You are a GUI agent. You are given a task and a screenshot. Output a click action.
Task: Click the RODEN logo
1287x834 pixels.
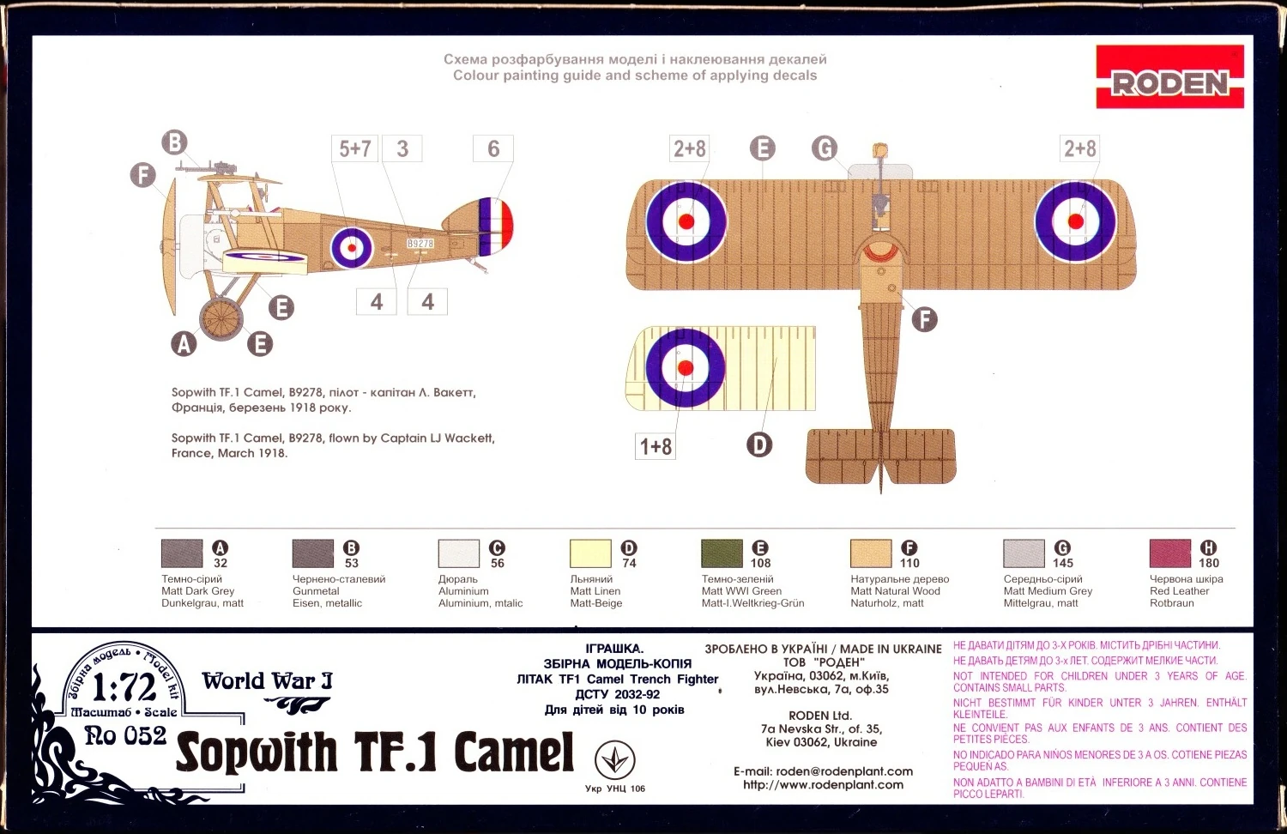click(x=1169, y=76)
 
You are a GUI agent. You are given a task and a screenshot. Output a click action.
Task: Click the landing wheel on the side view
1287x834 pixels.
click(x=221, y=319)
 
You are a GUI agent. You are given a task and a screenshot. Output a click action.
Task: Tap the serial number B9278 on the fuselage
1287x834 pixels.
click(x=420, y=244)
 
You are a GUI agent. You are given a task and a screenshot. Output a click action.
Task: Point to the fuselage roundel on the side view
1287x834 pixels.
click(x=352, y=248)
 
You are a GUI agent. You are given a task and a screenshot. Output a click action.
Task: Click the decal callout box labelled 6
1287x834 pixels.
click(x=493, y=148)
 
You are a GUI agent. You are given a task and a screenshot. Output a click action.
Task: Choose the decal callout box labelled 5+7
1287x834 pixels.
click(x=354, y=148)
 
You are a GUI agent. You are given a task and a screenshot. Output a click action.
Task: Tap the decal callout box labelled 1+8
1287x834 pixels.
click(x=655, y=446)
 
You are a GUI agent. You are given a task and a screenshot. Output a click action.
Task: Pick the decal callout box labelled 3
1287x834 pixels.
click(x=402, y=148)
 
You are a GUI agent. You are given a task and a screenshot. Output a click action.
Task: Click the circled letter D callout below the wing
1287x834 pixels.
click(x=759, y=444)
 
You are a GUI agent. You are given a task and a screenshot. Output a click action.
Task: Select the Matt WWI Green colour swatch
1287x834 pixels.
click(x=722, y=553)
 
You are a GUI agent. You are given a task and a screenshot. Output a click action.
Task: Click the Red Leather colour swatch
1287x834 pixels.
click(x=1169, y=553)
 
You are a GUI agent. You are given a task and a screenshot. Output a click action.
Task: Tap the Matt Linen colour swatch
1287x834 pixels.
click(x=590, y=553)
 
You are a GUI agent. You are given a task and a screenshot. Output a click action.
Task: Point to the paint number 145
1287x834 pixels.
click(x=1063, y=563)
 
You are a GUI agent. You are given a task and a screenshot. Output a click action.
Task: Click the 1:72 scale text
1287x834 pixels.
click(x=124, y=687)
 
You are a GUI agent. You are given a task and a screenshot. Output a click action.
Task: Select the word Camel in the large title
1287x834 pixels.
click(x=514, y=752)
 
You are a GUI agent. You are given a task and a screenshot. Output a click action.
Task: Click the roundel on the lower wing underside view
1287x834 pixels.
click(x=686, y=368)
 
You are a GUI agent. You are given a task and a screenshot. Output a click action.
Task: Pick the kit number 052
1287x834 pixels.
click(x=145, y=736)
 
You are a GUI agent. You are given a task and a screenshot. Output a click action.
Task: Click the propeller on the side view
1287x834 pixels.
click(x=171, y=247)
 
